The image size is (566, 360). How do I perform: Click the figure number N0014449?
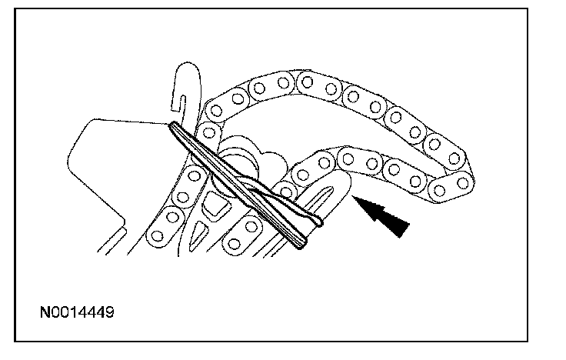pos(79,315)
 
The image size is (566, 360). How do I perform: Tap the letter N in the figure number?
pos(45,315)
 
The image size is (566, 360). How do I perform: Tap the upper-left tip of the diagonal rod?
pos(172,126)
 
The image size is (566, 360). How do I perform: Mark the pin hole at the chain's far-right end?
pos(461,182)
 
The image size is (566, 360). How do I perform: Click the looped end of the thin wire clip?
pos(315,223)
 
